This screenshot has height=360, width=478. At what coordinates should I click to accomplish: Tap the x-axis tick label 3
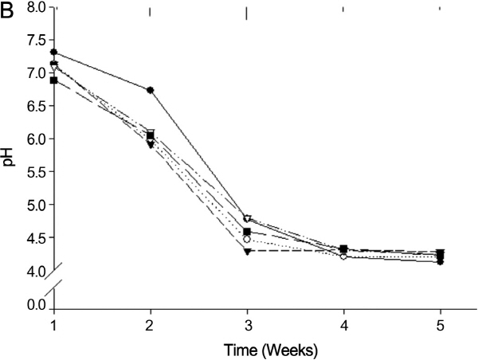(247, 327)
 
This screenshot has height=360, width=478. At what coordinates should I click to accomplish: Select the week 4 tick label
(343, 327)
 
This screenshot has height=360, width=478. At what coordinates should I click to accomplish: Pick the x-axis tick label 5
(440, 327)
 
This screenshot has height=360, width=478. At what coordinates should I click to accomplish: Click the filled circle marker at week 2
(151, 90)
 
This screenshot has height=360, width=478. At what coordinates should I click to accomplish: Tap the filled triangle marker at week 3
(247, 252)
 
